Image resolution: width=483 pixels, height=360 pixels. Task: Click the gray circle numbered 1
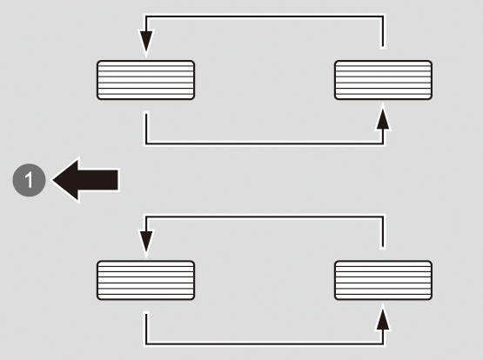click(29, 180)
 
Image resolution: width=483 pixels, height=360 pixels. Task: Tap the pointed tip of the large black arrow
click(53, 180)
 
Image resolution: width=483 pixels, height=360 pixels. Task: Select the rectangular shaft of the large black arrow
click(98, 180)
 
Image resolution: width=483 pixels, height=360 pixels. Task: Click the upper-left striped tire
click(145, 80)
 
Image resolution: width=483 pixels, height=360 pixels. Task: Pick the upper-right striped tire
click(383, 80)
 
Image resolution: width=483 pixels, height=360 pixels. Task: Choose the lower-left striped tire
click(145, 280)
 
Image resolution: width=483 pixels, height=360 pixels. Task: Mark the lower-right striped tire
click(383, 280)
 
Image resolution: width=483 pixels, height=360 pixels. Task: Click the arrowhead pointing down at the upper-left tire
click(146, 43)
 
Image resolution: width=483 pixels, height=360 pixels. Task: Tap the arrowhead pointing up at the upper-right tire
click(383, 118)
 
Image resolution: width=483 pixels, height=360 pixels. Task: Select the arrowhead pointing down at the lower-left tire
click(146, 243)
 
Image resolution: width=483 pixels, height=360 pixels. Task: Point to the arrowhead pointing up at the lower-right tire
click(383, 318)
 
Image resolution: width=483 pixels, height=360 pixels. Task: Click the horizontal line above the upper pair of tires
click(265, 17)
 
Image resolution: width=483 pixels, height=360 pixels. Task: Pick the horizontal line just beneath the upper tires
click(265, 143)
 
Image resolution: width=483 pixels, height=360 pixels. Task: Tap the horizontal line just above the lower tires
click(265, 217)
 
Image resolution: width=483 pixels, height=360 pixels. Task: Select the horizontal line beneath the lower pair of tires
click(265, 343)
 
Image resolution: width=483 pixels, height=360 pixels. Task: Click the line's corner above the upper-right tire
click(383, 17)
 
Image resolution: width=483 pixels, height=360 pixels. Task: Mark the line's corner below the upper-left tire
click(146, 143)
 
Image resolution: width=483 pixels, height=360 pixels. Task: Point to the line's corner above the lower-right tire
click(383, 217)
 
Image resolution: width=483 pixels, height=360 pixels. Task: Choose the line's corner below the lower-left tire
click(146, 343)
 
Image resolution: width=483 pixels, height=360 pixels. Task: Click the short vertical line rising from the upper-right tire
click(383, 31)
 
